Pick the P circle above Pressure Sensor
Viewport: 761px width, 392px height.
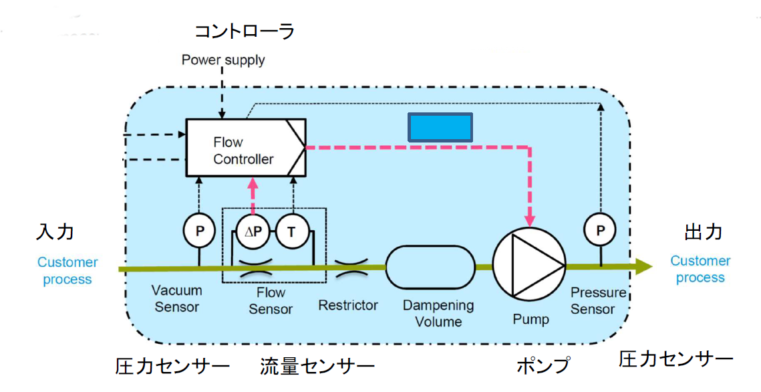click(599, 231)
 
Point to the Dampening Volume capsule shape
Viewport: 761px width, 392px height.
click(430, 268)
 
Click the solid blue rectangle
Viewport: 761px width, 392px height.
click(440, 127)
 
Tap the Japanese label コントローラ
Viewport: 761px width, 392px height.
click(244, 31)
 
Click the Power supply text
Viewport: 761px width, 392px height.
click(223, 60)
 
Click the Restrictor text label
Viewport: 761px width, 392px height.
click(348, 306)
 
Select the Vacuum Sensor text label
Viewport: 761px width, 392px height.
click(176, 299)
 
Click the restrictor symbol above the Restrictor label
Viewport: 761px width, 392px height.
click(349, 268)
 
